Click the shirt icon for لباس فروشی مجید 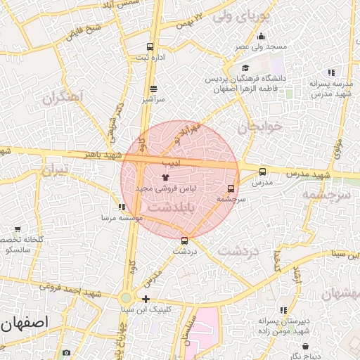(x=166, y=178)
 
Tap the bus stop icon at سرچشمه (x=231, y=188)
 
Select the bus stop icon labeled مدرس (x=262, y=172)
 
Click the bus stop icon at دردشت (x=185, y=240)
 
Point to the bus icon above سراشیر (x=153, y=89)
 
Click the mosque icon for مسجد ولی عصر (x=261, y=37)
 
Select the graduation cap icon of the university (x=245, y=68)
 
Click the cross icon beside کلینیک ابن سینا (x=146, y=299)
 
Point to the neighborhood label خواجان (x=259, y=127)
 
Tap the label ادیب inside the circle (x=172, y=163)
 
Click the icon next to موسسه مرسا (x=122, y=207)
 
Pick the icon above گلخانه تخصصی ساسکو (x=18, y=229)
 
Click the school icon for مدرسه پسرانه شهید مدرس (x=330, y=72)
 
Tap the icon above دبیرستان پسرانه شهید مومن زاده (x=283, y=310)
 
